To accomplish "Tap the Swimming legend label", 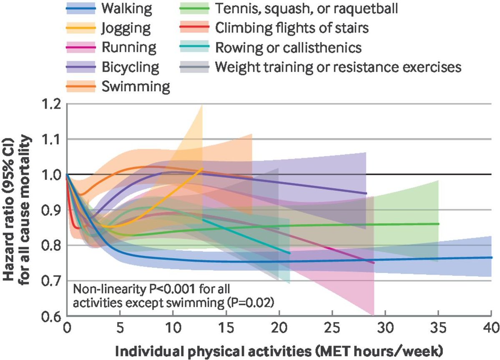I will coord(135,87).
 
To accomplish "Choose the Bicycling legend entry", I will coord(130,67).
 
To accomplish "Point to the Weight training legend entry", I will coord(338,67).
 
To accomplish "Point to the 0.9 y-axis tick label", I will coord(52,210).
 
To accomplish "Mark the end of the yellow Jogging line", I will coord(202,169).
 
